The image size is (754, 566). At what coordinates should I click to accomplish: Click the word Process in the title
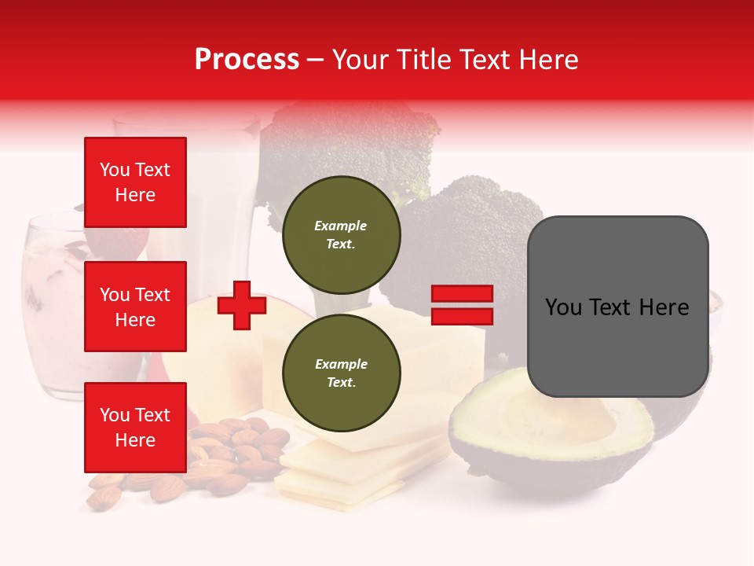click(247, 59)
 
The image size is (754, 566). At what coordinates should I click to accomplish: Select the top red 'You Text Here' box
click(135, 182)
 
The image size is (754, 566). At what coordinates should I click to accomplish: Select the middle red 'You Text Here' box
click(135, 307)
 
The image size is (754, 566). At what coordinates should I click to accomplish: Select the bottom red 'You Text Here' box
click(135, 427)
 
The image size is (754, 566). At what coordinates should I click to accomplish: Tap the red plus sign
click(242, 305)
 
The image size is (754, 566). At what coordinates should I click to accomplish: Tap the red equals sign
click(462, 305)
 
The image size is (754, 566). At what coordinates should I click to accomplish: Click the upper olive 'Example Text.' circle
click(341, 234)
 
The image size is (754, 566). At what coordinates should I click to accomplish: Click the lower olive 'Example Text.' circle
click(341, 373)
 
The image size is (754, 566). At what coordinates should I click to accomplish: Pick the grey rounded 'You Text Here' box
click(617, 307)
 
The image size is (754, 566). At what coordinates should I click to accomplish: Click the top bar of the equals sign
click(462, 294)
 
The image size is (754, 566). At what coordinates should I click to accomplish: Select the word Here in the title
click(548, 59)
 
